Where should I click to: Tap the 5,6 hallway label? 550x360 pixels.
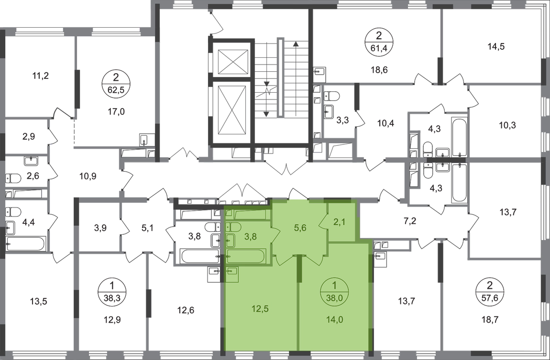pyautogui.click(x=299, y=228)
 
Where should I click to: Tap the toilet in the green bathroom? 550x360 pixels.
pyautogui.click(x=232, y=227)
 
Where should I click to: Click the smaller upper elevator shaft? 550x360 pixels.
pyautogui.click(x=231, y=62)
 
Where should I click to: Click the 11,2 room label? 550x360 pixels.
pyautogui.click(x=40, y=75)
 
